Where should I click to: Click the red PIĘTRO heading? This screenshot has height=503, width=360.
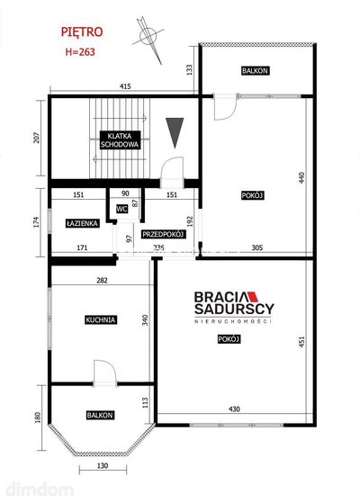pyautogui.click(x=82, y=32)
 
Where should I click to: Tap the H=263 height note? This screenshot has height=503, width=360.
pyautogui.click(x=80, y=51)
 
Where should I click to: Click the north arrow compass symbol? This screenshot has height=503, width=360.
pyautogui.click(x=148, y=40)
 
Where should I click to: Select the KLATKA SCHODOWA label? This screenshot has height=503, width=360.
pyautogui.click(x=120, y=139)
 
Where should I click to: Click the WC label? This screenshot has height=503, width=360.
pyautogui.click(x=121, y=209)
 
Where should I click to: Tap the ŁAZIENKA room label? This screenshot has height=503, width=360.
pyautogui.click(x=83, y=223)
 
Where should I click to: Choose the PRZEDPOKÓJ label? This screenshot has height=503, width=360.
pyautogui.click(x=163, y=234)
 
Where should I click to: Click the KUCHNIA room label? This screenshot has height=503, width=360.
pyautogui.click(x=101, y=319)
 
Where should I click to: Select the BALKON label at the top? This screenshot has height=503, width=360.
pyautogui.click(x=255, y=70)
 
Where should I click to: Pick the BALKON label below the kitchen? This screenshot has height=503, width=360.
pyautogui.click(x=100, y=415)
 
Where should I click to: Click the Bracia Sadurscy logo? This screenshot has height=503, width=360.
pyautogui.click(x=234, y=307)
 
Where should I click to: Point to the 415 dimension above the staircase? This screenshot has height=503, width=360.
pyautogui.click(x=125, y=86)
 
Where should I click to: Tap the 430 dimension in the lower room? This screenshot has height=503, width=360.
pyautogui.click(x=234, y=409)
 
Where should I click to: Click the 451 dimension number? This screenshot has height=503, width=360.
pyautogui.click(x=301, y=342)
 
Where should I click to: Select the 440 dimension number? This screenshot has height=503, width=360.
pyautogui.click(x=301, y=178)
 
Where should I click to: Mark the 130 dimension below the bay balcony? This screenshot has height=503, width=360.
pyautogui.click(x=103, y=465)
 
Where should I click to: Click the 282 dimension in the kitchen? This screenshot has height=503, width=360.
pyautogui.click(x=102, y=281)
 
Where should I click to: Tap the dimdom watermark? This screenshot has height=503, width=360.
pyautogui.click(x=40, y=490)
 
